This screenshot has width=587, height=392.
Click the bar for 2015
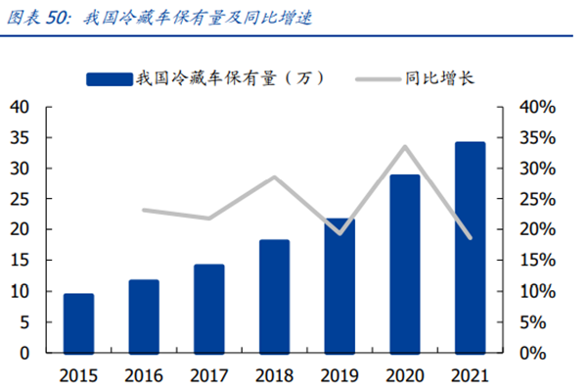[79, 322]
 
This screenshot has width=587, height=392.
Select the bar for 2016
[144, 316]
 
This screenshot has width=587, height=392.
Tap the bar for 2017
[209, 308]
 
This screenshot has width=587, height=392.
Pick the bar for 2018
[274, 296]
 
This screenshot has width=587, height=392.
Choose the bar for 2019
[339, 285]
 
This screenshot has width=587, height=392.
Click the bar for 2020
[404, 263]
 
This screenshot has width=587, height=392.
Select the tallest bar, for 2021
[470, 247]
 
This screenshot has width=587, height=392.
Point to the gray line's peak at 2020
[404, 147]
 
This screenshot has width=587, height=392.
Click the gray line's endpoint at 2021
[470, 238]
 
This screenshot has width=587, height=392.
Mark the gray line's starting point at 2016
[144, 210]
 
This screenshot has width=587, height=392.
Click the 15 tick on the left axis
[21, 261]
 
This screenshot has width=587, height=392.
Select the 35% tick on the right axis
[537, 137]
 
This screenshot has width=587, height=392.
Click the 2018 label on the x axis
[274, 375]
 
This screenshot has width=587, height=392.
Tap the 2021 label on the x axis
[470, 375]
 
